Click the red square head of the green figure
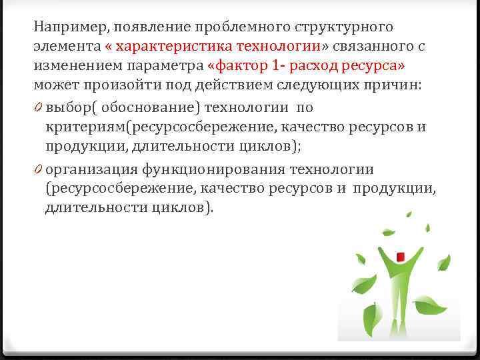click(x=399, y=257)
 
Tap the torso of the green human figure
click(x=399, y=287)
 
